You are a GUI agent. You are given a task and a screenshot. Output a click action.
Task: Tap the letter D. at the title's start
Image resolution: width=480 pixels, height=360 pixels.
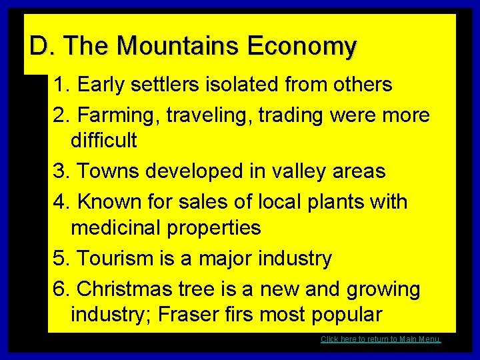tap(39, 47)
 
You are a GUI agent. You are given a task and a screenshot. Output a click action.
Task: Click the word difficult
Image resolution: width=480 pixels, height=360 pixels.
tap(103, 140)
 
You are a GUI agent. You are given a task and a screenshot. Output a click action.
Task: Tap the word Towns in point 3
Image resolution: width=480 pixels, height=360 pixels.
tap(108, 171)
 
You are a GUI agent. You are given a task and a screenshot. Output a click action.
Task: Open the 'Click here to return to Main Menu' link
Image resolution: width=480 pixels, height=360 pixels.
tap(381, 339)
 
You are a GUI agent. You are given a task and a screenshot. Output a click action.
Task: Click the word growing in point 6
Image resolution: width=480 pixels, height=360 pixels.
tap(383, 289)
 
